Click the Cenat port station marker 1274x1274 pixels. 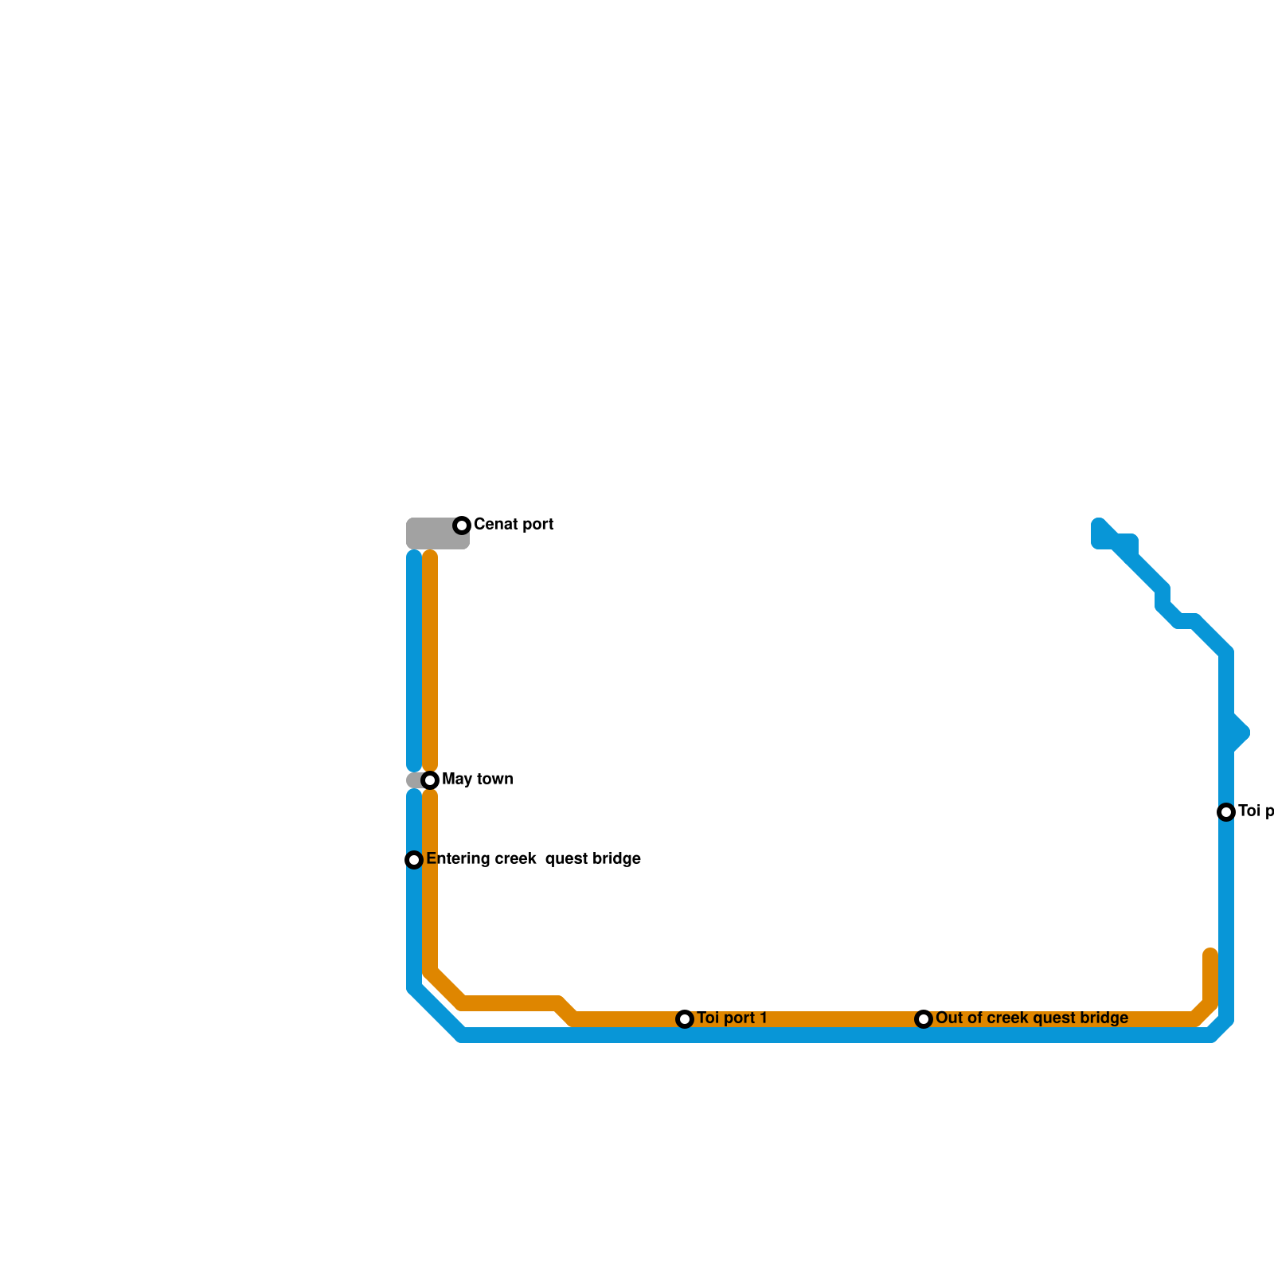pyautogui.click(x=462, y=526)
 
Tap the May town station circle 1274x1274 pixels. pyautogui.click(x=430, y=780)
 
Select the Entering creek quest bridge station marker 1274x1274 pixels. pyautogui.click(x=414, y=860)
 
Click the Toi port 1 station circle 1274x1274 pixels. pyautogui.click(x=685, y=1019)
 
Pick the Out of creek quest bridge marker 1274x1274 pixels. pyautogui.click(x=924, y=1019)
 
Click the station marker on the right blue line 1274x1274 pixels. pyautogui.click(x=1226, y=812)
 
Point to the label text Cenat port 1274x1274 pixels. pyautogui.click(x=513, y=525)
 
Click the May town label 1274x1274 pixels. pyautogui.click(x=477, y=780)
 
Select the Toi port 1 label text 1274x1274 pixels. pyautogui.click(x=732, y=1018)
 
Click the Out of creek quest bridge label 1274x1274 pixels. pyautogui.click(x=1031, y=1018)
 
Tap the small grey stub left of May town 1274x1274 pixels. pyautogui.click(x=414, y=780)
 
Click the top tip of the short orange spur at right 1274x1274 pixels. pyautogui.click(x=1210, y=953)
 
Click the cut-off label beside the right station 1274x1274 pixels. pyautogui.click(x=1255, y=811)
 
